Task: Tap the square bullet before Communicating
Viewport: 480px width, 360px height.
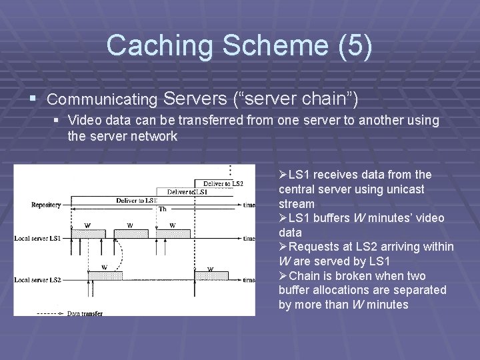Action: click(x=33, y=99)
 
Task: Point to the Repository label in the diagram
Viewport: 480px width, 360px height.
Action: click(x=45, y=205)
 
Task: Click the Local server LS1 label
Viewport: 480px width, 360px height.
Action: click(x=39, y=238)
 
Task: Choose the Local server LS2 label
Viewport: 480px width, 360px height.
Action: click(x=39, y=279)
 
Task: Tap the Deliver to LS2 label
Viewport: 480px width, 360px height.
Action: click(x=223, y=183)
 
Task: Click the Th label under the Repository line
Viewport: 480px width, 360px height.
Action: click(x=162, y=209)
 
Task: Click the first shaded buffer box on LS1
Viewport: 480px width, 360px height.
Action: click(x=87, y=234)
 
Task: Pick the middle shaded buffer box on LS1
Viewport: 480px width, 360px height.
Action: click(x=130, y=234)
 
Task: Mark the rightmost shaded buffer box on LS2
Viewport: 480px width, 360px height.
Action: click(x=211, y=275)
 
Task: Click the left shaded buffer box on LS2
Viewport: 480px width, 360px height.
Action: click(x=105, y=275)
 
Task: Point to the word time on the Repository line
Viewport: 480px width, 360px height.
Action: click(x=249, y=205)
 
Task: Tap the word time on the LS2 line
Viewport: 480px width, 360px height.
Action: click(x=249, y=280)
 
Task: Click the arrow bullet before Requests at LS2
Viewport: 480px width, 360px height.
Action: click(x=283, y=247)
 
